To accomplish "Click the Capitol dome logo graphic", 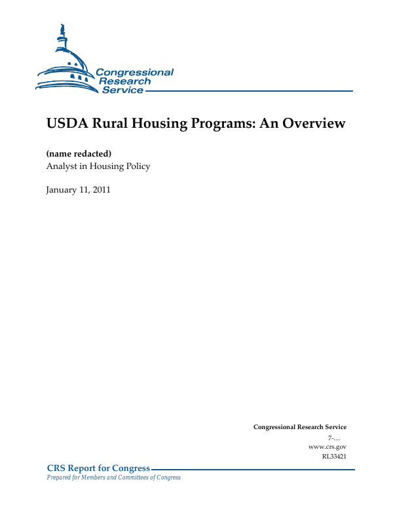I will [x=65, y=62].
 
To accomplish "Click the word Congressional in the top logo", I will [x=135, y=72].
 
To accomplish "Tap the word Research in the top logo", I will [x=125, y=81].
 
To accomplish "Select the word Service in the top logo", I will [x=122, y=90].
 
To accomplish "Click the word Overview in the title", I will [x=312, y=123].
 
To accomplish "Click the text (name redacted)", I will [x=79, y=153].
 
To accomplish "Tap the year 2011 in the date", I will [x=100, y=190].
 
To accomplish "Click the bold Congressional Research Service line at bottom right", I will [x=299, y=427].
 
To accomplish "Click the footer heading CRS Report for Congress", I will [x=98, y=468].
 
